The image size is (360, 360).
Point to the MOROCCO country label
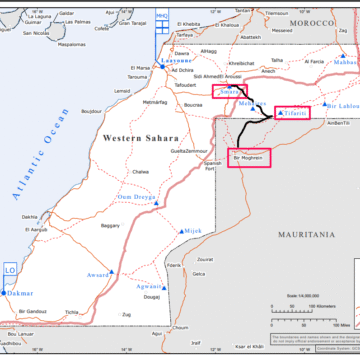311,21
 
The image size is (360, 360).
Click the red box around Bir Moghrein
248,157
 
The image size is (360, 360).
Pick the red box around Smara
231,92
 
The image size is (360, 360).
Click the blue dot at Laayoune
164,67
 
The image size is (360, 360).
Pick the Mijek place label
193,230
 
